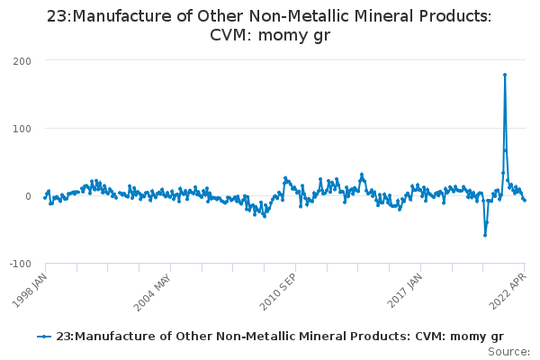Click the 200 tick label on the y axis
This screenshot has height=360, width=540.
click(x=21, y=60)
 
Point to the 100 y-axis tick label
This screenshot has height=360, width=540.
click(x=21, y=128)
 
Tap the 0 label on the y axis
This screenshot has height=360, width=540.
click(x=27, y=196)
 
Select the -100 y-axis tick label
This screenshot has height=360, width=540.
click(x=19, y=264)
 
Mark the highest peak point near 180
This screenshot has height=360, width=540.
click(x=505, y=75)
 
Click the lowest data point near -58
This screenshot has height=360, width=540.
click(x=485, y=235)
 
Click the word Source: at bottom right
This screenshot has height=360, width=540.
click(x=508, y=351)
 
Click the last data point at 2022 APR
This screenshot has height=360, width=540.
click(x=525, y=200)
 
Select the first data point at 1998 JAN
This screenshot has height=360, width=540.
click(x=45, y=197)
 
